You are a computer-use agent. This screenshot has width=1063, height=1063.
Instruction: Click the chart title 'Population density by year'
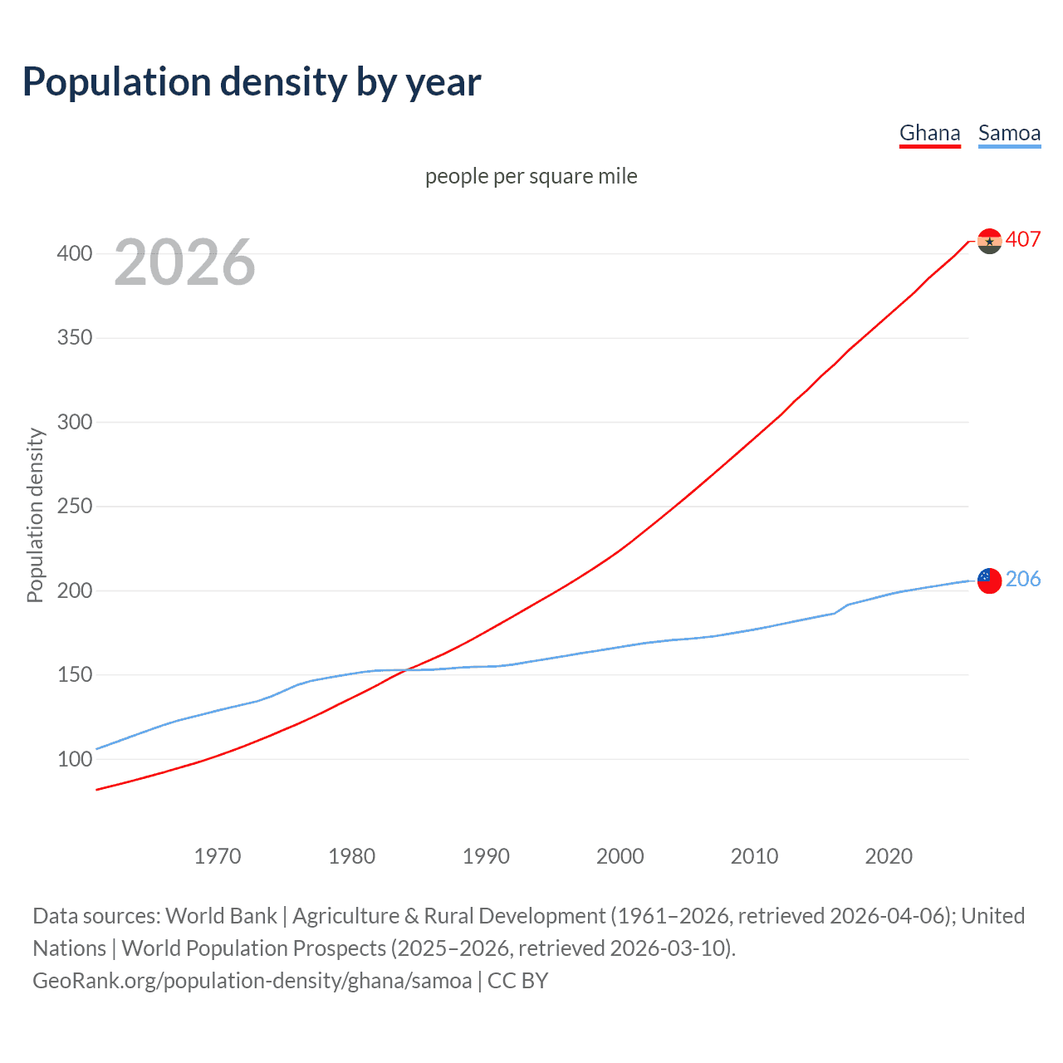click(x=252, y=81)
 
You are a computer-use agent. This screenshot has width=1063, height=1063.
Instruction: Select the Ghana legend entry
click(x=929, y=133)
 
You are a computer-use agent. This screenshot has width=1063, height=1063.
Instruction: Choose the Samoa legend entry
click(x=1009, y=133)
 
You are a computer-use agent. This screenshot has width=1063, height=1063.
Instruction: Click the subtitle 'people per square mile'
click(x=531, y=176)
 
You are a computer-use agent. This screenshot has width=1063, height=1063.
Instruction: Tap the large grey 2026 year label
click(x=184, y=262)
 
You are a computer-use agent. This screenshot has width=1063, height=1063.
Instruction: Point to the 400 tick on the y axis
click(x=74, y=253)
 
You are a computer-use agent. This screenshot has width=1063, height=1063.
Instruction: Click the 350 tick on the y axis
click(x=74, y=338)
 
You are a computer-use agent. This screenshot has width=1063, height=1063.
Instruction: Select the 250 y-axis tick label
click(x=74, y=507)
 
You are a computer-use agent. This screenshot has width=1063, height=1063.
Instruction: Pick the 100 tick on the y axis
click(x=74, y=759)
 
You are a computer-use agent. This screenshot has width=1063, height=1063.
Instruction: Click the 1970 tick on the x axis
click(x=218, y=856)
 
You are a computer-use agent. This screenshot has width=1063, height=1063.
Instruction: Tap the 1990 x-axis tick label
click(x=486, y=856)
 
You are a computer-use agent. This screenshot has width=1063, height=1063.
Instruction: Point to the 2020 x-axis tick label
click(x=889, y=856)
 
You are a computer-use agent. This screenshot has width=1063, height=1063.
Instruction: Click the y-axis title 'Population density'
click(x=35, y=515)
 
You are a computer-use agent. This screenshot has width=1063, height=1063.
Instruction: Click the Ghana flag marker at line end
click(x=989, y=241)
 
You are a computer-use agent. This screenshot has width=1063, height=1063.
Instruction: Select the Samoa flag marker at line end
click(x=989, y=580)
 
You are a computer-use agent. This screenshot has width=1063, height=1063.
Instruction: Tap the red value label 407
click(x=1023, y=239)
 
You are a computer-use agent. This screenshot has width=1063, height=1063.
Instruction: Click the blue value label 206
click(x=1023, y=579)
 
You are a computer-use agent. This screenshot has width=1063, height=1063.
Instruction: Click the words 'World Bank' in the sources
click(x=221, y=915)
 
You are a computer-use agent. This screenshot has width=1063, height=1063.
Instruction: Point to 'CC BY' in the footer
click(x=517, y=980)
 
